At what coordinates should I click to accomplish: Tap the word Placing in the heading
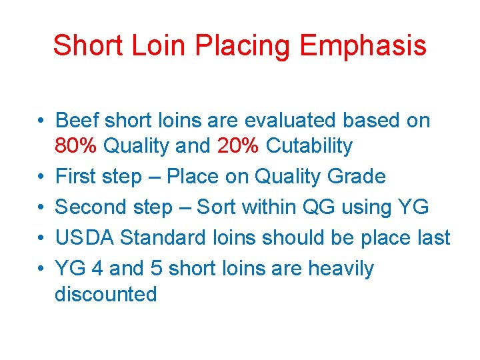[x=245, y=45]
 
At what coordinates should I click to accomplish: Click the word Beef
[x=77, y=121]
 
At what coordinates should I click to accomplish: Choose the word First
[x=75, y=177]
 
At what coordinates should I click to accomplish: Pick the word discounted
[x=105, y=294]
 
